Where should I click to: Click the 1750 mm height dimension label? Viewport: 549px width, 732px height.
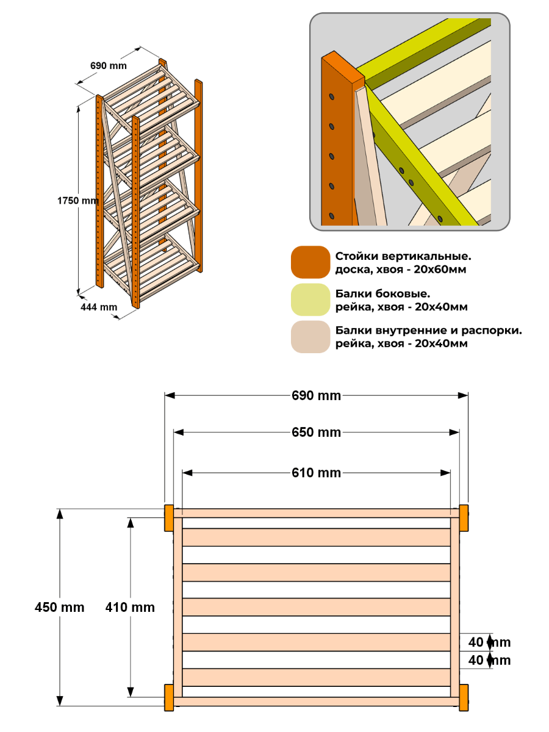click(x=78, y=201)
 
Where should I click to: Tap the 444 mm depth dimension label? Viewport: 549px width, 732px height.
click(x=99, y=307)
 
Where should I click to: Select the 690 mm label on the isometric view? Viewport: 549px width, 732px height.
click(x=109, y=65)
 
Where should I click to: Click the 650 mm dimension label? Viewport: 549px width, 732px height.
click(x=316, y=432)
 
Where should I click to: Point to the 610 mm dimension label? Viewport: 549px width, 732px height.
click(x=316, y=473)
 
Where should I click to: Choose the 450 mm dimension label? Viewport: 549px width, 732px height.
click(x=59, y=607)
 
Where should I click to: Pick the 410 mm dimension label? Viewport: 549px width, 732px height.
click(x=130, y=607)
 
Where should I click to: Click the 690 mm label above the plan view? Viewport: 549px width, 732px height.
click(x=316, y=395)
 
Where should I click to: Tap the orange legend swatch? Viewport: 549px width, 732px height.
click(x=310, y=262)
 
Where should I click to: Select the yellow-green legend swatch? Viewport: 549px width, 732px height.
click(x=310, y=300)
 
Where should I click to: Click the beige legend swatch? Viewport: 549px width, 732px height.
click(x=310, y=337)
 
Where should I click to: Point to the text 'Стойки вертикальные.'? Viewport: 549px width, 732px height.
click(x=403, y=256)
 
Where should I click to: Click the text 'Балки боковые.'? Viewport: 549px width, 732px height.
click(x=382, y=293)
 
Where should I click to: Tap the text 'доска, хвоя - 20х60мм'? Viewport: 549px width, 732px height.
click(x=401, y=270)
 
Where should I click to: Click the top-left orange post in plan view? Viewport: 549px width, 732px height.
click(x=169, y=518)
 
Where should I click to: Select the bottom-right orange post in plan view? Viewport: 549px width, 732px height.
click(x=464, y=697)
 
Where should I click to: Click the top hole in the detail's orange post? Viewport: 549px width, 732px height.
click(x=332, y=97)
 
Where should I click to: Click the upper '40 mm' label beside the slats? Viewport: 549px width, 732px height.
click(x=489, y=642)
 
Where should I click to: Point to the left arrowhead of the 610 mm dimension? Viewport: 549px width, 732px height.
click(x=188, y=473)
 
